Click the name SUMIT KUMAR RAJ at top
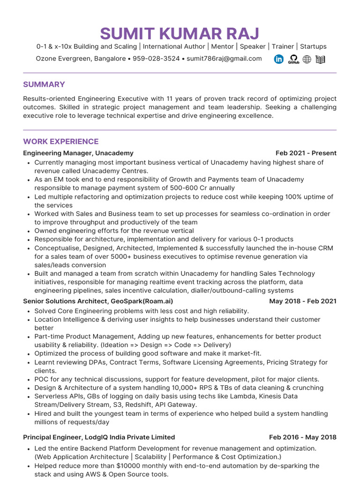pos(180,34)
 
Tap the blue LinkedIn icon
pos(279,59)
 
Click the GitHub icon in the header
pos(293,59)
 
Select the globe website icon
pos(307,59)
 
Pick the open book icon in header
pos(321,59)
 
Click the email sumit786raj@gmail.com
pos(224,59)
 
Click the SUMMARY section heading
pos(44,84)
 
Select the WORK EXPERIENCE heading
pos(61,142)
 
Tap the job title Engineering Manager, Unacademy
pos(78,153)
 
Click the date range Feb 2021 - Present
pos(306,153)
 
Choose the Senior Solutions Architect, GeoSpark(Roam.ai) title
pos(98,301)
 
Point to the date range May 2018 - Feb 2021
pos(302,301)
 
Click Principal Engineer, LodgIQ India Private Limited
pos(99,437)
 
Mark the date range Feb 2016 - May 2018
pos(302,437)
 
